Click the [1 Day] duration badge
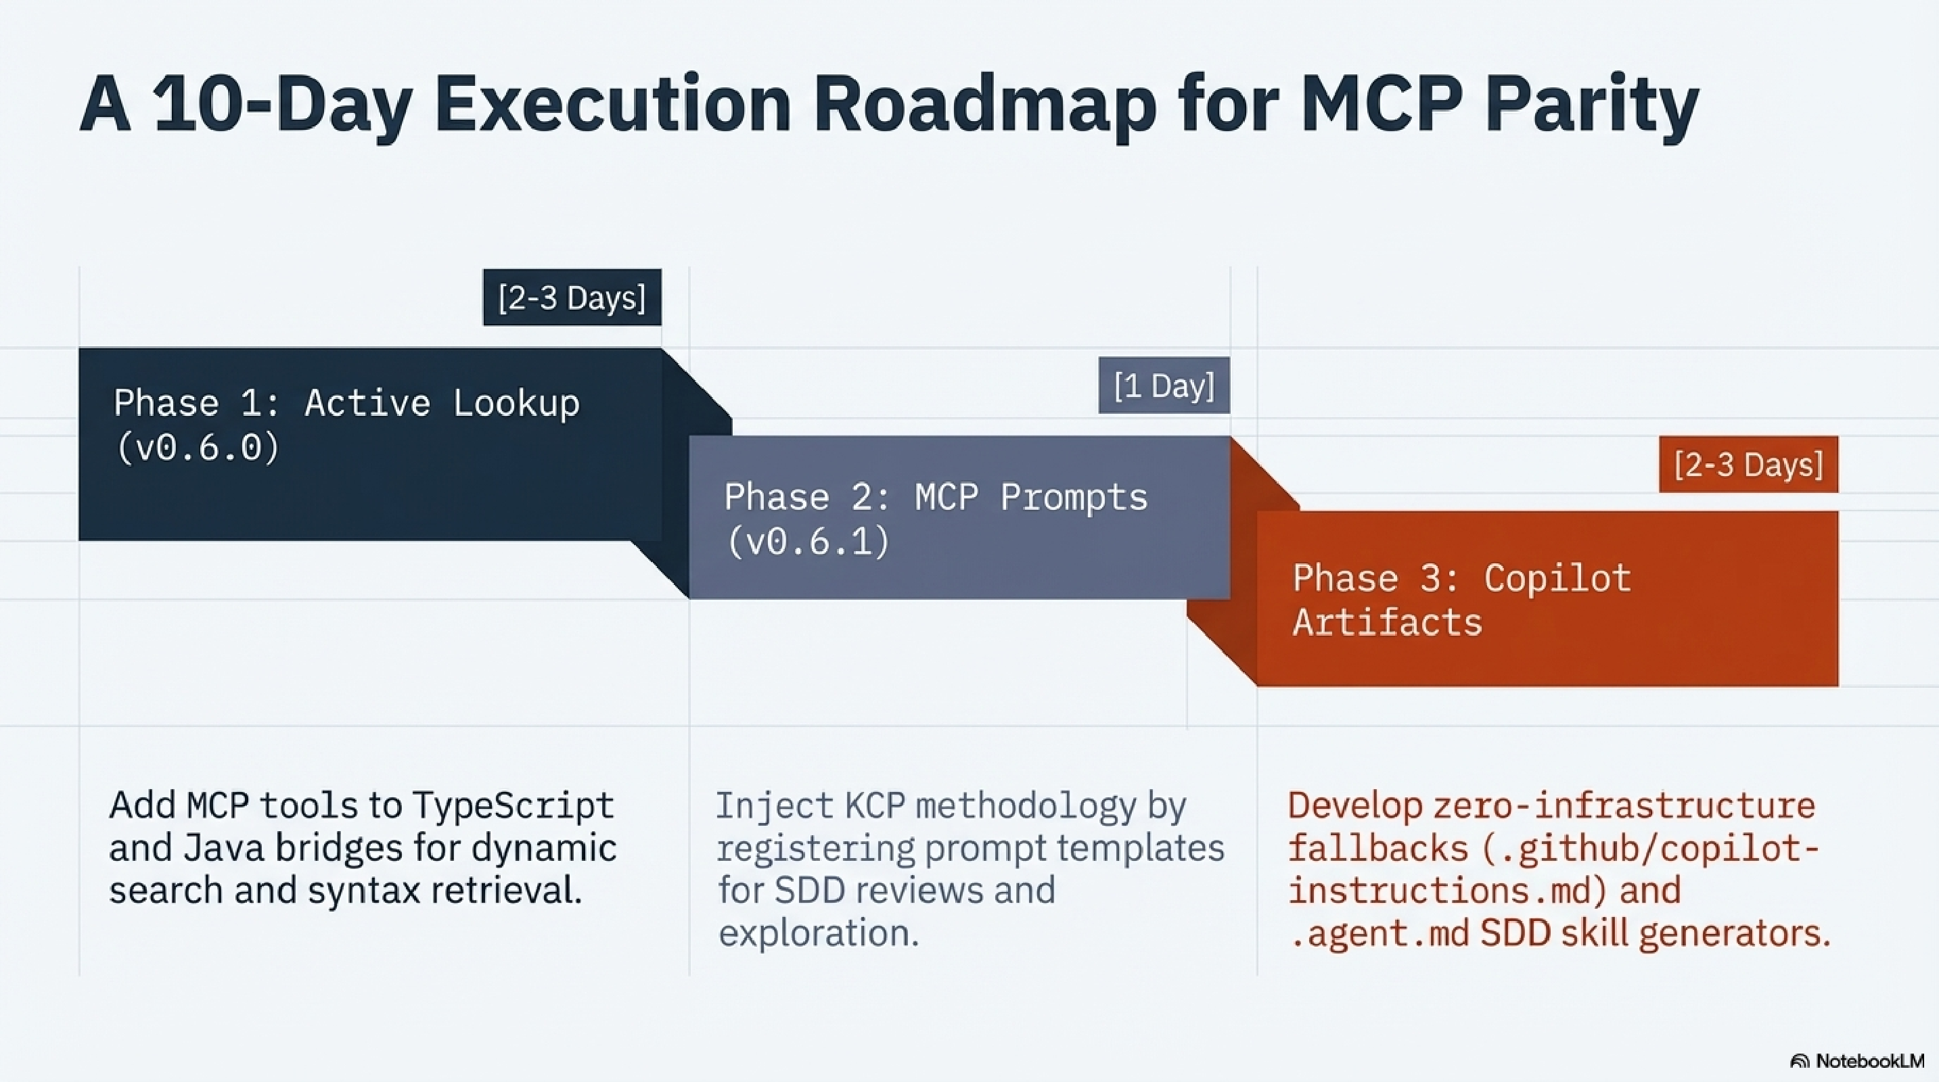(x=1164, y=385)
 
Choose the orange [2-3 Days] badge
(x=1748, y=465)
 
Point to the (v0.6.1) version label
(x=808, y=541)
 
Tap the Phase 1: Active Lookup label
(x=347, y=403)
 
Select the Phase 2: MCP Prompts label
(x=936, y=497)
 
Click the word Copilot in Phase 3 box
(x=1557, y=579)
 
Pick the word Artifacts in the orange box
(x=1387, y=623)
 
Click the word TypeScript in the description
(x=513, y=805)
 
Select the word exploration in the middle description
(x=818, y=933)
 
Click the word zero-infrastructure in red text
(x=1624, y=805)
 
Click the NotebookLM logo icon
(x=1799, y=1061)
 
